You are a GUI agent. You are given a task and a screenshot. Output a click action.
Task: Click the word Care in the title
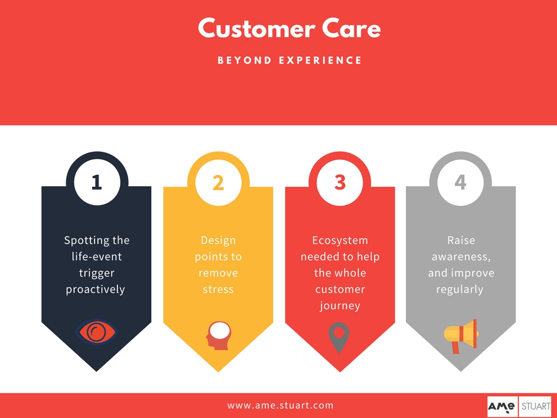pos(351,28)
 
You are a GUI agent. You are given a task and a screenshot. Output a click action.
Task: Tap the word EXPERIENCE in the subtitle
pos(320,60)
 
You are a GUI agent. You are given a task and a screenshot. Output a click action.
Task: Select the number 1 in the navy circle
pos(97,182)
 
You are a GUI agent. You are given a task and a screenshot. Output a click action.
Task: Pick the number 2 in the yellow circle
pos(218,182)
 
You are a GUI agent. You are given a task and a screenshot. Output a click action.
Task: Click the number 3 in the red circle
pos(340,182)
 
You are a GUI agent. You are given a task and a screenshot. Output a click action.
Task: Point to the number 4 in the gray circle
pos(460,182)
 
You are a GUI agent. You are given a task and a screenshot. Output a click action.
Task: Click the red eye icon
pos(96,332)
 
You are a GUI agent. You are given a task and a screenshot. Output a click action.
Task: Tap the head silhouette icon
pos(219,335)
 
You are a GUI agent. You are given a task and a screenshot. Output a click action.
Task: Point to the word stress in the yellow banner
pos(218,290)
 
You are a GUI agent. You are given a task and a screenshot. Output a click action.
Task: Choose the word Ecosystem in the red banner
pos(340,241)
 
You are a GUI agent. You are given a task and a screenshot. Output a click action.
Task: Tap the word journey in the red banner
pos(340,306)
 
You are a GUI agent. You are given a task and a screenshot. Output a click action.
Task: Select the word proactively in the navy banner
pos(95,290)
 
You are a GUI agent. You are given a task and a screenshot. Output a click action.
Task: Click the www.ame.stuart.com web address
pos(280,405)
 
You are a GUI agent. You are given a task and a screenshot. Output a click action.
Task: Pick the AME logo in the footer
pos(503,406)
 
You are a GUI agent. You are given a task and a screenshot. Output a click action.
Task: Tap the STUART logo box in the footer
pos(535,406)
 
